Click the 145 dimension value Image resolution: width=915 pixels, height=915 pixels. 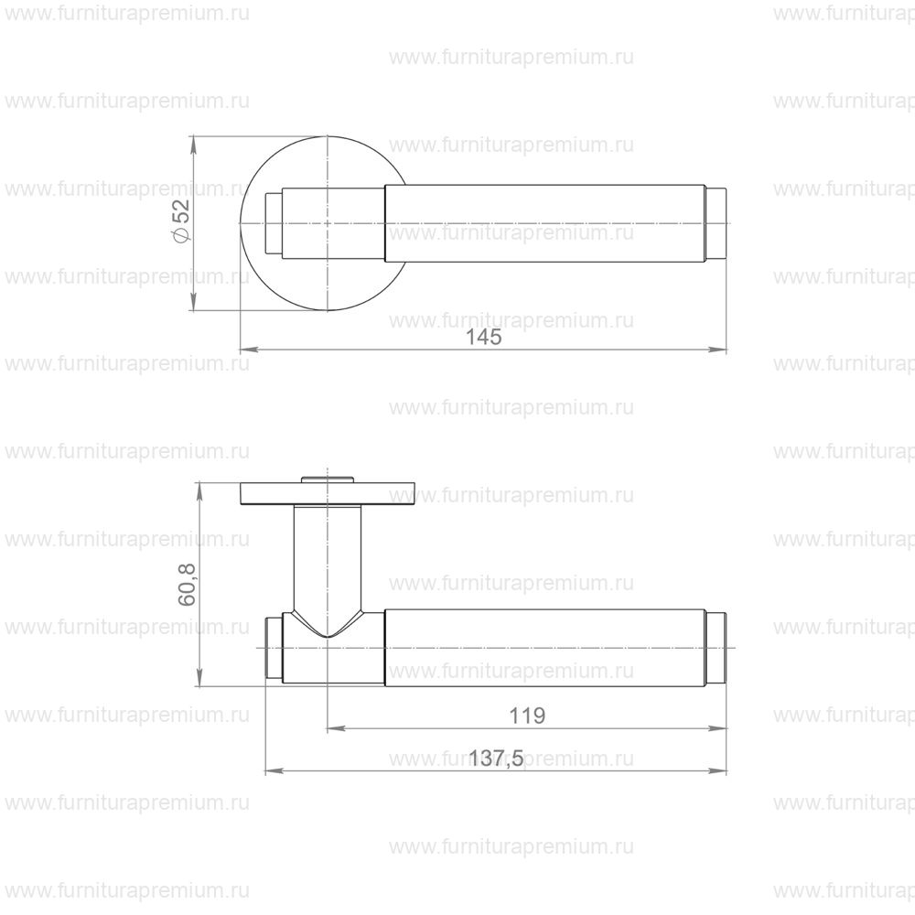(484, 338)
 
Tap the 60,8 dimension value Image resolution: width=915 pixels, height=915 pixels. (187, 585)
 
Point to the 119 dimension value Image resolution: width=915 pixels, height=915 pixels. (527, 716)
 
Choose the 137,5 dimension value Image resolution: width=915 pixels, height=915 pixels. (497, 759)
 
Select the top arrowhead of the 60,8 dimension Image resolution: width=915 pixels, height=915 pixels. (200, 491)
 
